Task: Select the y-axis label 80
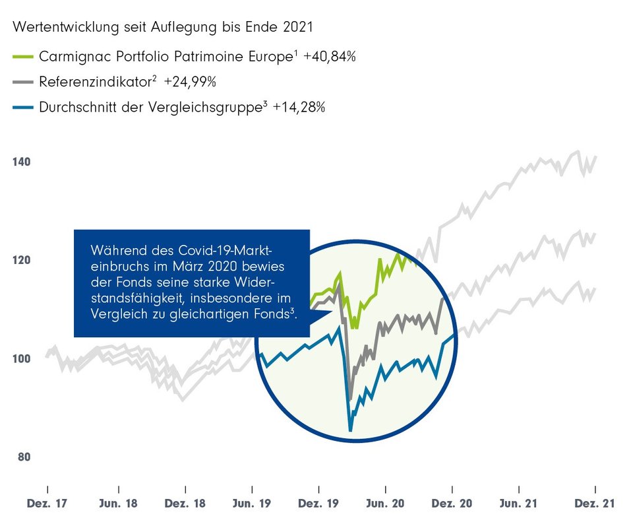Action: tap(23, 457)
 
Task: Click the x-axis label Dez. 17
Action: tap(47, 504)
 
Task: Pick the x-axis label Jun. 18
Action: tap(119, 504)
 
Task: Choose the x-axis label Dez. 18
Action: tap(186, 504)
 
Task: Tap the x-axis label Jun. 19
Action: tap(251, 504)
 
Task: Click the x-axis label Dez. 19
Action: tap(319, 504)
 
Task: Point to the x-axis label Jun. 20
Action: tap(386, 504)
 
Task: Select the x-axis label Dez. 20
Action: tap(452, 504)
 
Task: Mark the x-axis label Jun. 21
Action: tap(520, 504)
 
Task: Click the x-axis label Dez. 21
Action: tap(595, 504)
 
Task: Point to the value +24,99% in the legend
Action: tap(191, 82)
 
